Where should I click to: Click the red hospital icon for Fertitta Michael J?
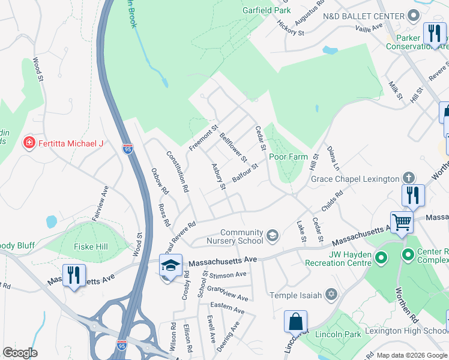[x=28, y=143]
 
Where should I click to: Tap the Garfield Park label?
[x=267, y=10]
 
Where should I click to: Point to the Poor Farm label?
[x=288, y=157]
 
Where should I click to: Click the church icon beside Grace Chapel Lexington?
[x=408, y=178]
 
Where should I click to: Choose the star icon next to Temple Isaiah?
[x=330, y=294]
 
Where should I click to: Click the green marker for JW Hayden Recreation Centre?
[x=380, y=258]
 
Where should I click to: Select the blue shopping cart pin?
[x=402, y=222]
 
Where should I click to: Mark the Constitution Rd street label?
[x=178, y=171]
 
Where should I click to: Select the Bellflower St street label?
[x=233, y=148]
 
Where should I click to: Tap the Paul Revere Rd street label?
[x=183, y=234]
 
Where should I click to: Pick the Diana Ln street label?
[x=333, y=157]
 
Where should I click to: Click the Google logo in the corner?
[x=20, y=353]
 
